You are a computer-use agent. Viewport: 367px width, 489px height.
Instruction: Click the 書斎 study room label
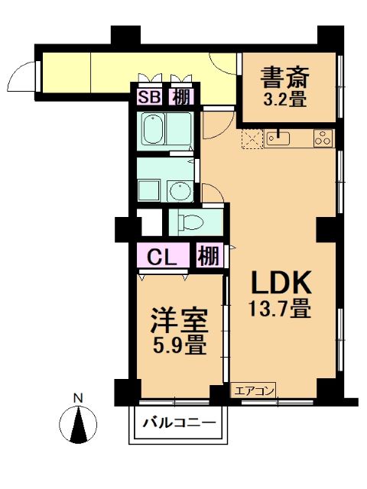(x=285, y=77)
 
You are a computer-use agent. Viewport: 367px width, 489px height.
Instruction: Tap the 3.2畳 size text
(x=285, y=100)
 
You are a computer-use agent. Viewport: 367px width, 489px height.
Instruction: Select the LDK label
(x=281, y=282)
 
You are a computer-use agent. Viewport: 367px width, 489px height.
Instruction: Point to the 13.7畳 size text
(x=280, y=308)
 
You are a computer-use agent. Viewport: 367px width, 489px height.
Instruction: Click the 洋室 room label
(x=180, y=321)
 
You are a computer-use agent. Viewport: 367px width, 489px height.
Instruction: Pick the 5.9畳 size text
(x=180, y=345)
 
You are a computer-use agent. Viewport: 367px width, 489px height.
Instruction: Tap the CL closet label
(x=162, y=257)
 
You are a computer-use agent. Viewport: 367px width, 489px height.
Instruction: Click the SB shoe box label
(x=150, y=97)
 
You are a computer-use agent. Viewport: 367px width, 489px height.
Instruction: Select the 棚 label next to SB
(x=181, y=97)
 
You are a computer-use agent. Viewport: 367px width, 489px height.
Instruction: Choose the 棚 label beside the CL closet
(x=209, y=256)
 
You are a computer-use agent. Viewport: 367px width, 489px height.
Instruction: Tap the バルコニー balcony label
(x=179, y=423)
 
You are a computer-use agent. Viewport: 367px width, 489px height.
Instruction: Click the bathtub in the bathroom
(x=153, y=129)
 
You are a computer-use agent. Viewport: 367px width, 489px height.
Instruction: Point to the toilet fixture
(x=190, y=222)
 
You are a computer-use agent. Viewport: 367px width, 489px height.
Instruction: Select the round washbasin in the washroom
(x=180, y=191)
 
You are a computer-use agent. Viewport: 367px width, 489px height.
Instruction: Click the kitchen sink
(x=278, y=138)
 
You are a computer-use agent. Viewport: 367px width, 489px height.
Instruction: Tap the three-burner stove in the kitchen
(x=323, y=138)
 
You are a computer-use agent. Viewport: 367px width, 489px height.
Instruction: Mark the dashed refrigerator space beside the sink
(x=252, y=138)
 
